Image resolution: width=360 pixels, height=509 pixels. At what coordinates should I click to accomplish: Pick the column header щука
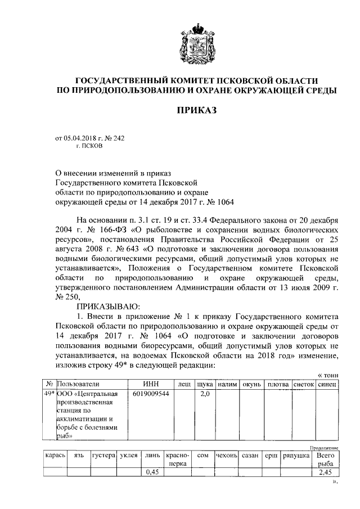click(204, 384)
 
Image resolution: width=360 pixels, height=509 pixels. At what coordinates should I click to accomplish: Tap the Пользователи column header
click(74, 384)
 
